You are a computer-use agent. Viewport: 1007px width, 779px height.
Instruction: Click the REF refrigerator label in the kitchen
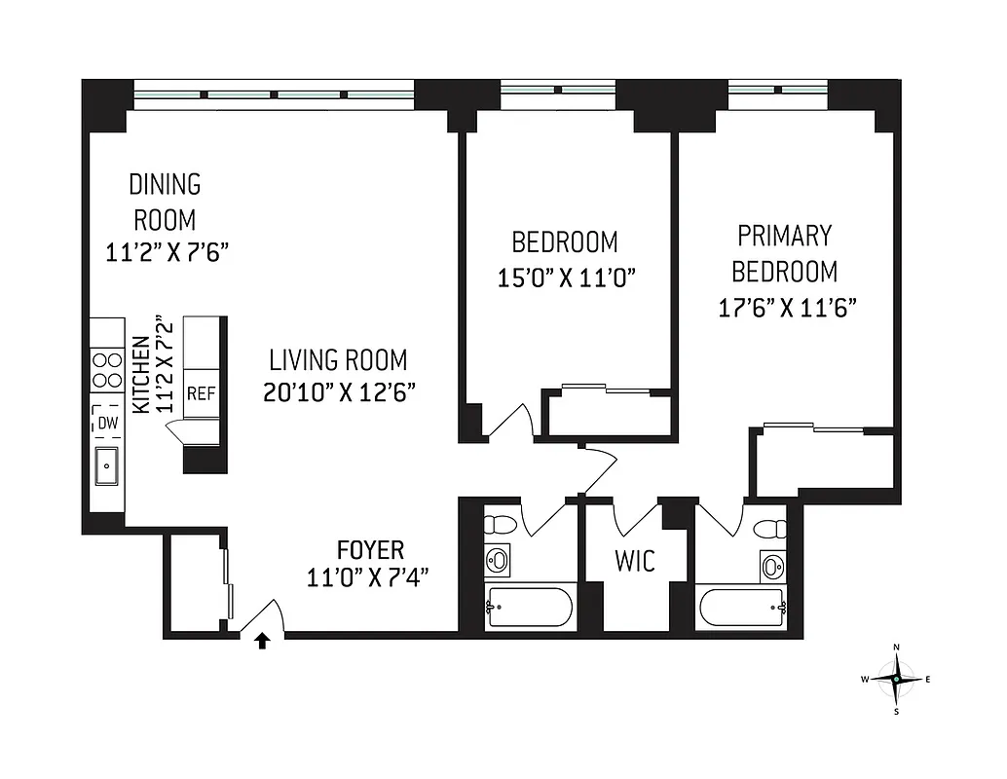[x=201, y=393]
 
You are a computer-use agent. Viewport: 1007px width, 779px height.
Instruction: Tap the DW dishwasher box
[x=106, y=424]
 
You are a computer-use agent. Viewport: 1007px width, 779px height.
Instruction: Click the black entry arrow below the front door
[x=261, y=641]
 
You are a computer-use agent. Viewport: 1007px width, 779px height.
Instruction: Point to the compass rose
[x=896, y=679]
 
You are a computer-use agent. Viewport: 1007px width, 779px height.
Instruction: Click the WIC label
[x=634, y=561]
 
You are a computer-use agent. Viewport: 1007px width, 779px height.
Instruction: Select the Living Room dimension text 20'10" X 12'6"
[x=339, y=392]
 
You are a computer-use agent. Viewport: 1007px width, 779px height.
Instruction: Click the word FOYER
[x=370, y=549]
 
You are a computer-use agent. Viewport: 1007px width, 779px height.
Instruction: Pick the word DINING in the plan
[x=165, y=184]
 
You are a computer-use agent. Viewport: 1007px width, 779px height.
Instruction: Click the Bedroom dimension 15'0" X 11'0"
[x=566, y=278]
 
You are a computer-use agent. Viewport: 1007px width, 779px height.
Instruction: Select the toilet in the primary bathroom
[x=771, y=529]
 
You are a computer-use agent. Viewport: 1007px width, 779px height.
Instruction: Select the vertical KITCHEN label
[x=140, y=376]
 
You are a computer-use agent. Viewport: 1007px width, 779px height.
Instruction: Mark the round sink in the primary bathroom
[x=773, y=566]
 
